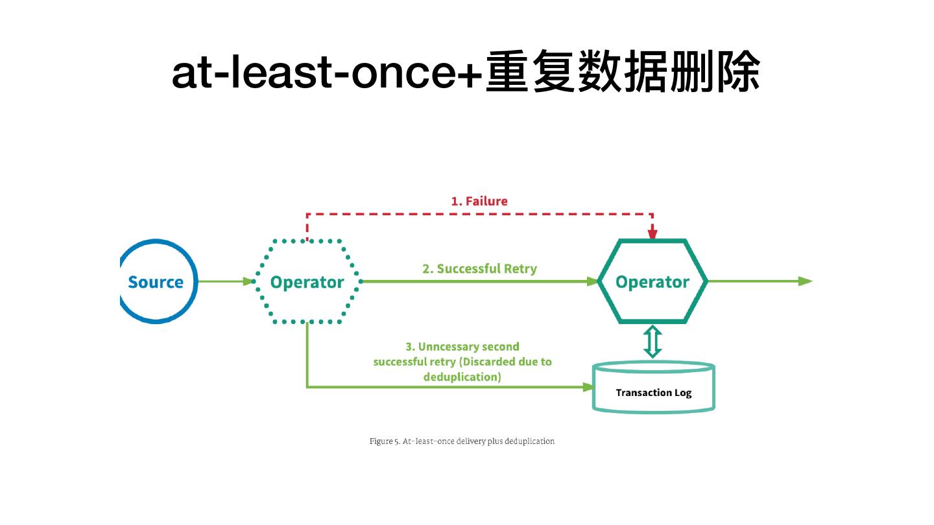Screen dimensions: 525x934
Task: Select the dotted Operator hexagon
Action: point(307,282)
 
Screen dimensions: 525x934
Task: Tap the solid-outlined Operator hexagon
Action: point(652,282)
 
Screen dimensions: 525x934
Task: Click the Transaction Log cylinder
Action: point(653,387)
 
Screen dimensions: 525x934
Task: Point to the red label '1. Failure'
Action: point(479,201)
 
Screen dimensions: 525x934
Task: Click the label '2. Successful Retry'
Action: point(479,268)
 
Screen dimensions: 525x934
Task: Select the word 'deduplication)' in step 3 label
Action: point(462,377)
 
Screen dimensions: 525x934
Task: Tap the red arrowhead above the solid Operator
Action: point(653,234)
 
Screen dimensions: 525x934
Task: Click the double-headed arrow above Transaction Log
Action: point(653,342)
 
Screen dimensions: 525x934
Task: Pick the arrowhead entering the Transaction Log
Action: point(588,387)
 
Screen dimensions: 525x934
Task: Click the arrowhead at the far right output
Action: point(805,281)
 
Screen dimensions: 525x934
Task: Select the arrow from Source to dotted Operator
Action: point(224,281)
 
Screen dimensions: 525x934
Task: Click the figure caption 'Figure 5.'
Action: point(384,441)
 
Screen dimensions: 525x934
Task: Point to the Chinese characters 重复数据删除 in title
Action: point(623,73)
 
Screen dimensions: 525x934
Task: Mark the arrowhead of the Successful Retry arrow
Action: point(592,281)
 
